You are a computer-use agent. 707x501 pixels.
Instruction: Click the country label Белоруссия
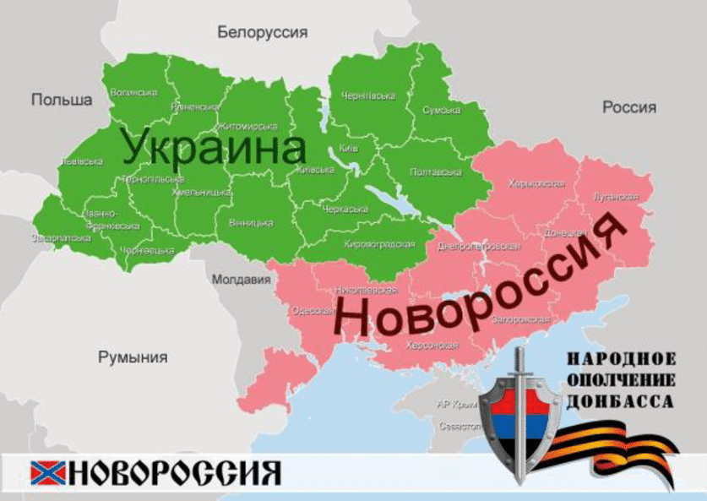pyautogui.click(x=262, y=33)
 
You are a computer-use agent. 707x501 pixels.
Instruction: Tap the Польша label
pyautogui.click(x=62, y=100)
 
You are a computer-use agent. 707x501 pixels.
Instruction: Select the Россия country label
pyautogui.click(x=628, y=107)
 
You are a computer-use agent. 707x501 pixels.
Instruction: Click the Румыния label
pyautogui.click(x=133, y=357)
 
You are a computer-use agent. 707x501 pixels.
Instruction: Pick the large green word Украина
pyautogui.click(x=213, y=147)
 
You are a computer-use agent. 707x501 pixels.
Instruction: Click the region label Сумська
pyautogui.click(x=441, y=111)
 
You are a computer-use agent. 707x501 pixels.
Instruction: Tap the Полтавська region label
pyautogui.click(x=435, y=172)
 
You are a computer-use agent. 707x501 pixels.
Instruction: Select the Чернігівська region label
pyautogui.click(x=367, y=96)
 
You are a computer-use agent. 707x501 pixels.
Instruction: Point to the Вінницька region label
pyautogui.click(x=251, y=223)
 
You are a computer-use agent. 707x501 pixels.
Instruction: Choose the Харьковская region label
pyautogui.click(x=536, y=183)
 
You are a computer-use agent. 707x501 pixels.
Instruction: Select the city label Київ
pyautogui.click(x=348, y=149)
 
